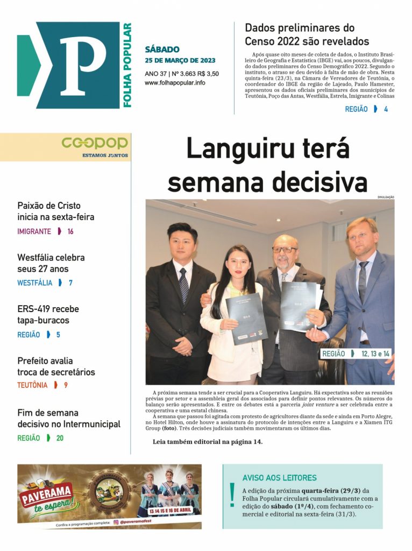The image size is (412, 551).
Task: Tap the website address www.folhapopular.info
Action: (175, 83)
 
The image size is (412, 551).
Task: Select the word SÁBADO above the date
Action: (162, 50)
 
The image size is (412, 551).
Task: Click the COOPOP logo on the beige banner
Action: (95, 143)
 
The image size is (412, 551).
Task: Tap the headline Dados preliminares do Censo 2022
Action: (307, 34)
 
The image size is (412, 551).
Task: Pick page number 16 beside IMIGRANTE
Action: (70, 231)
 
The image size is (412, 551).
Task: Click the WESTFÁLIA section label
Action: (34, 282)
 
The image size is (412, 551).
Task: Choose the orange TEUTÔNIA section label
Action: (32, 385)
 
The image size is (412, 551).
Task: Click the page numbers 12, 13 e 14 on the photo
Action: (375, 354)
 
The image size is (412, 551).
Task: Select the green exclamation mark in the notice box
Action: (232, 495)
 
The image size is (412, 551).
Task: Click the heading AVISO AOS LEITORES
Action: (279, 478)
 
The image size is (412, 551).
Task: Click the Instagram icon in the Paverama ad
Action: (115, 522)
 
